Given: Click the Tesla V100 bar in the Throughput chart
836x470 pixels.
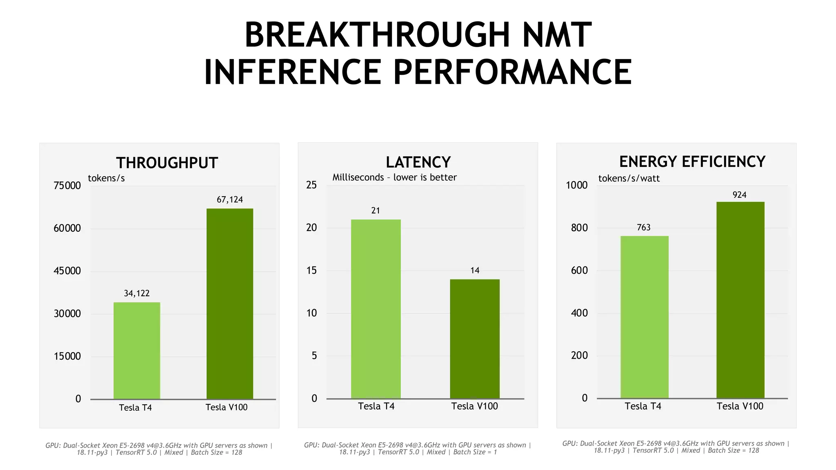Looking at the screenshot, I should [230, 304].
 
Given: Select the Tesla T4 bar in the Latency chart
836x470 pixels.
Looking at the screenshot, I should [376, 309].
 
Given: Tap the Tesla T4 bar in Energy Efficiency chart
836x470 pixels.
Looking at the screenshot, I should [644, 317].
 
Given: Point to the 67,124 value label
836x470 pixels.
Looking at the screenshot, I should [229, 200].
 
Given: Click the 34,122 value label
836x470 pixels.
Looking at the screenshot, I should [137, 293].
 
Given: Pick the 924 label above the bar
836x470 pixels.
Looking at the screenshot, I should [739, 195].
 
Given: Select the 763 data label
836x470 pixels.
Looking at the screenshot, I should [644, 228].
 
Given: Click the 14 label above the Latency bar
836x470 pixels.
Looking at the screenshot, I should [475, 270].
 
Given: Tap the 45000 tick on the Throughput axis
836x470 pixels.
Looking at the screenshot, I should [67, 271].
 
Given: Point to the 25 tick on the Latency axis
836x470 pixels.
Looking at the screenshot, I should [311, 185].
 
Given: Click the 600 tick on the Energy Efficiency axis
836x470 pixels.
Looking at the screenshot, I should [579, 270].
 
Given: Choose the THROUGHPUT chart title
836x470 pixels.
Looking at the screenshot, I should [167, 163].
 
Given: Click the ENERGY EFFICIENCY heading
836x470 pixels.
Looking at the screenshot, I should [692, 162].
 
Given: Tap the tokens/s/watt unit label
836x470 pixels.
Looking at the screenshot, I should [629, 178].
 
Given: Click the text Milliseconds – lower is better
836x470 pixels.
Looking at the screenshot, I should [394, 177].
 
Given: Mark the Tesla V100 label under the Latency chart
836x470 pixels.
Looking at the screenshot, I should [474, 406].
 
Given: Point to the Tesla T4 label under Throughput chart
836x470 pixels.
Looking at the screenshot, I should [135, 408].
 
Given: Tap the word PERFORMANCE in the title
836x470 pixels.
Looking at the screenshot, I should [512, 72].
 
